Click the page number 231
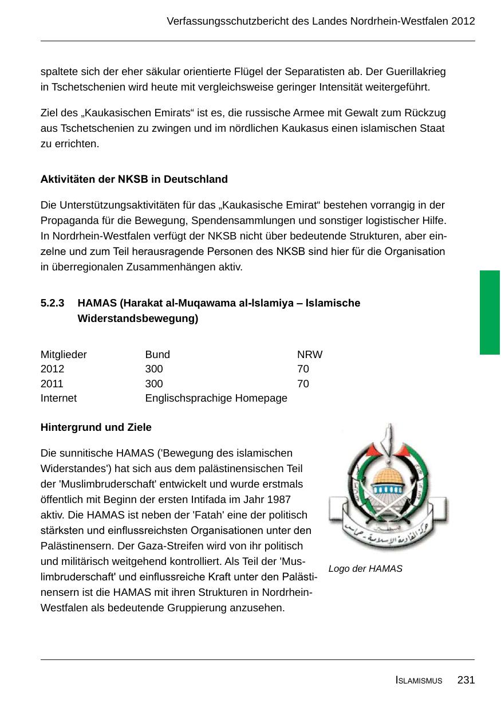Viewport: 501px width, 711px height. tap(466, 680)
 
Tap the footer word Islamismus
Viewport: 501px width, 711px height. tap(419, 681)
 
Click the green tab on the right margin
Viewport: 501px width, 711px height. tap(490, 312)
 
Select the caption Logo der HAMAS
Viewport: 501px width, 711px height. tap(365, 569)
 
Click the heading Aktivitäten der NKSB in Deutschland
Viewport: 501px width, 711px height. tap(134, 179)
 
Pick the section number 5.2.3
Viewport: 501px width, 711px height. tap(52, 303)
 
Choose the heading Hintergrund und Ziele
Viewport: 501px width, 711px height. tap(96, 427)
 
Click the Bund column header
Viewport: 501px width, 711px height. tap(157, 355)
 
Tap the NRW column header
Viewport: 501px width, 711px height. tap(310, 355)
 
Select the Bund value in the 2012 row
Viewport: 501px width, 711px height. tap(154, 369)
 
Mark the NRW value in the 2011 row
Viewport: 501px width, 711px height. tap(303, 383)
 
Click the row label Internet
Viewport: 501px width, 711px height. tap(58, 398)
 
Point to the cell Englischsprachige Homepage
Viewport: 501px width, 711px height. tap(216, 398)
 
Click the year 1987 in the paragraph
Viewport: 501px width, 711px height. tap(279, 500)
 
